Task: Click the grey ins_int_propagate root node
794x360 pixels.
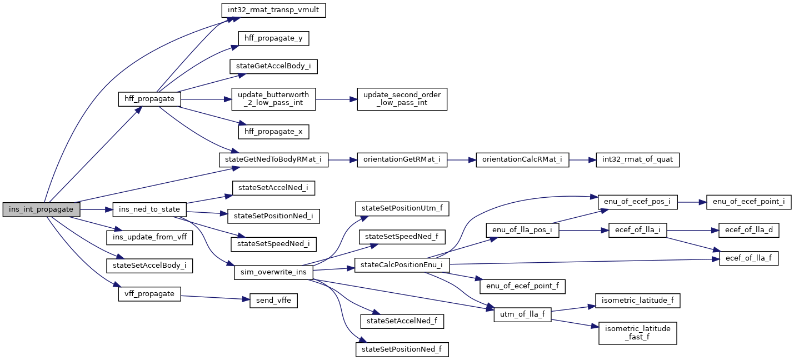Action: tap(41, 209)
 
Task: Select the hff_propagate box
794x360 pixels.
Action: tap(149, 99)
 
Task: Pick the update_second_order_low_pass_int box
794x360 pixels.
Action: tap(402, 99)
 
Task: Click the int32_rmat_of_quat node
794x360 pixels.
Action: tap(637, 159)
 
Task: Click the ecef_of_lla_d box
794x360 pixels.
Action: tap(749, 230)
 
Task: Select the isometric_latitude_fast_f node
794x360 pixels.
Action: tap(637, 332)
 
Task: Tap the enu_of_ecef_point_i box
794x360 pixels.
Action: tap(748, 202)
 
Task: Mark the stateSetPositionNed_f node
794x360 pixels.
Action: tap(402, 349)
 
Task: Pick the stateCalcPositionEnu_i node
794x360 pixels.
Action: tap(402, 265)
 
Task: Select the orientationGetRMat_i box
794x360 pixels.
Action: tap(402, 159)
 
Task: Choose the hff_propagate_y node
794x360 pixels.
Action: tap(273, 38)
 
